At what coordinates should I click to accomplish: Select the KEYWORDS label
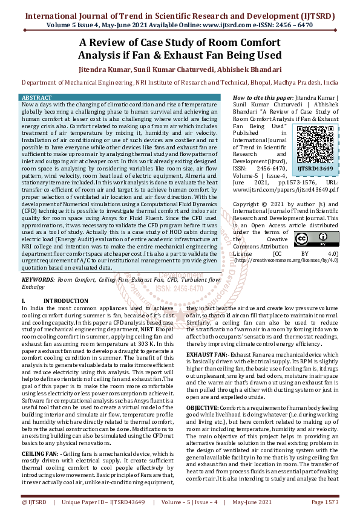(x=38, y=280)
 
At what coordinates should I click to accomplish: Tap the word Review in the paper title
(x=113, y=43)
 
